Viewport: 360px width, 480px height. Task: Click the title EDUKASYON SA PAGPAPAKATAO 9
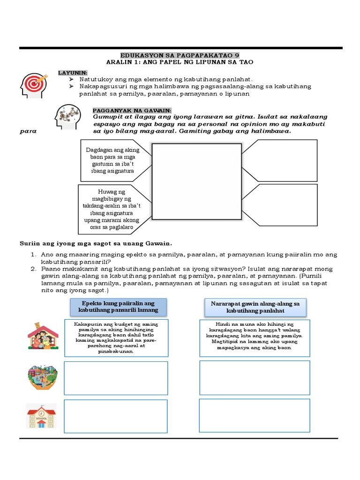pos(180,55)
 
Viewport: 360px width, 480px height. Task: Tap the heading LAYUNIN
pos(73,73)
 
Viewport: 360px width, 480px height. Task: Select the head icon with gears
pos(70,117)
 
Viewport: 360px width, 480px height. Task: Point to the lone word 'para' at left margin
pos(28,132)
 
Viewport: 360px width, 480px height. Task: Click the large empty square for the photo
pos(196,181)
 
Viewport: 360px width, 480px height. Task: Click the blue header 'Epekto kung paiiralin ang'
pos(118,307)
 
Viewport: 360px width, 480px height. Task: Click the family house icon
pos(42,335)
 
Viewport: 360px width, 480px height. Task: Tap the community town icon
pos(42,377)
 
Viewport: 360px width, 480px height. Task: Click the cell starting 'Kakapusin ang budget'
pos(116,337)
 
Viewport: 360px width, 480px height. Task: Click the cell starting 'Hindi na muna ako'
pos(255,337)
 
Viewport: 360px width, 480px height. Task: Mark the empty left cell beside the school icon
pos(116,416)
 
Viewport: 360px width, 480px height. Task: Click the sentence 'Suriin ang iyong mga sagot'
pos(96,243)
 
